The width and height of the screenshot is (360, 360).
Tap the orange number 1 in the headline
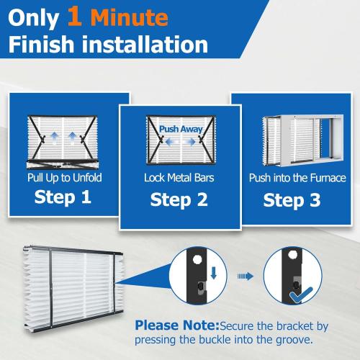coord(73,15)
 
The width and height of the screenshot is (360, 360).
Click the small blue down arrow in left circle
coord(213,273)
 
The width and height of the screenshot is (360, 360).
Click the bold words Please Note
coord(176,325)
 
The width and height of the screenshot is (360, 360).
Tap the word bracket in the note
coord(287,325)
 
